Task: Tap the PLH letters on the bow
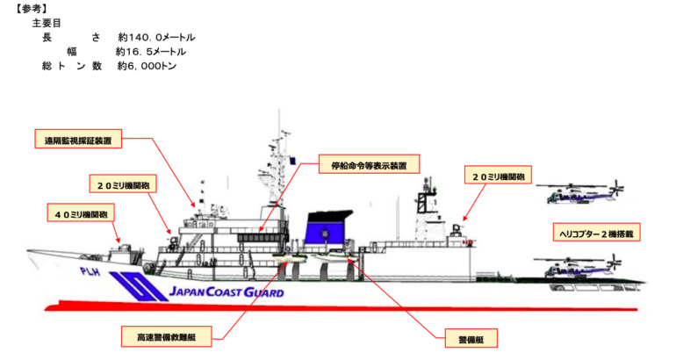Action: pos(90,272)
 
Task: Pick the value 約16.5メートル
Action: pos(148,53)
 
